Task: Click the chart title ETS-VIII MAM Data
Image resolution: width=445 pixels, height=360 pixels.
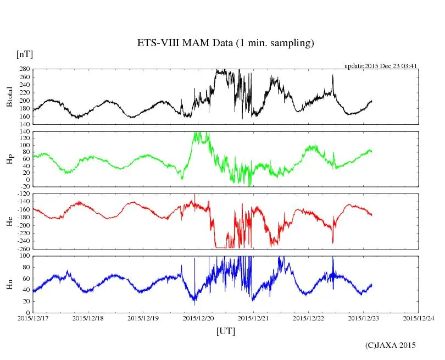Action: pos(225,43)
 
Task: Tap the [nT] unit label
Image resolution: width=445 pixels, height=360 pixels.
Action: pos(25,54)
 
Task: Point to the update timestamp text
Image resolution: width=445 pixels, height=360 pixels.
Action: pos(381,66)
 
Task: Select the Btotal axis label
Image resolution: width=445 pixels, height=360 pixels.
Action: pos(9,97)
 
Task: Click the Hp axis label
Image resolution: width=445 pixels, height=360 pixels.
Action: pos(9,159)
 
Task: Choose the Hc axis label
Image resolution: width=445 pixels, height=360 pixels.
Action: pos(9,221)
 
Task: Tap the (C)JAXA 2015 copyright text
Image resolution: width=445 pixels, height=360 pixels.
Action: pos(391,345)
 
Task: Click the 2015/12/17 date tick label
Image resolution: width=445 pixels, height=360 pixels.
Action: pos(33,318)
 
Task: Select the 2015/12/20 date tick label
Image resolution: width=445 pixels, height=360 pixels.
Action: pos(198,318)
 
